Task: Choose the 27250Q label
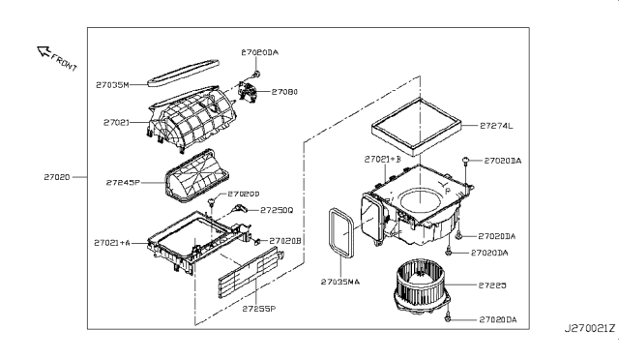coord(277,209)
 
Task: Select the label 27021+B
coord(383,159)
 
